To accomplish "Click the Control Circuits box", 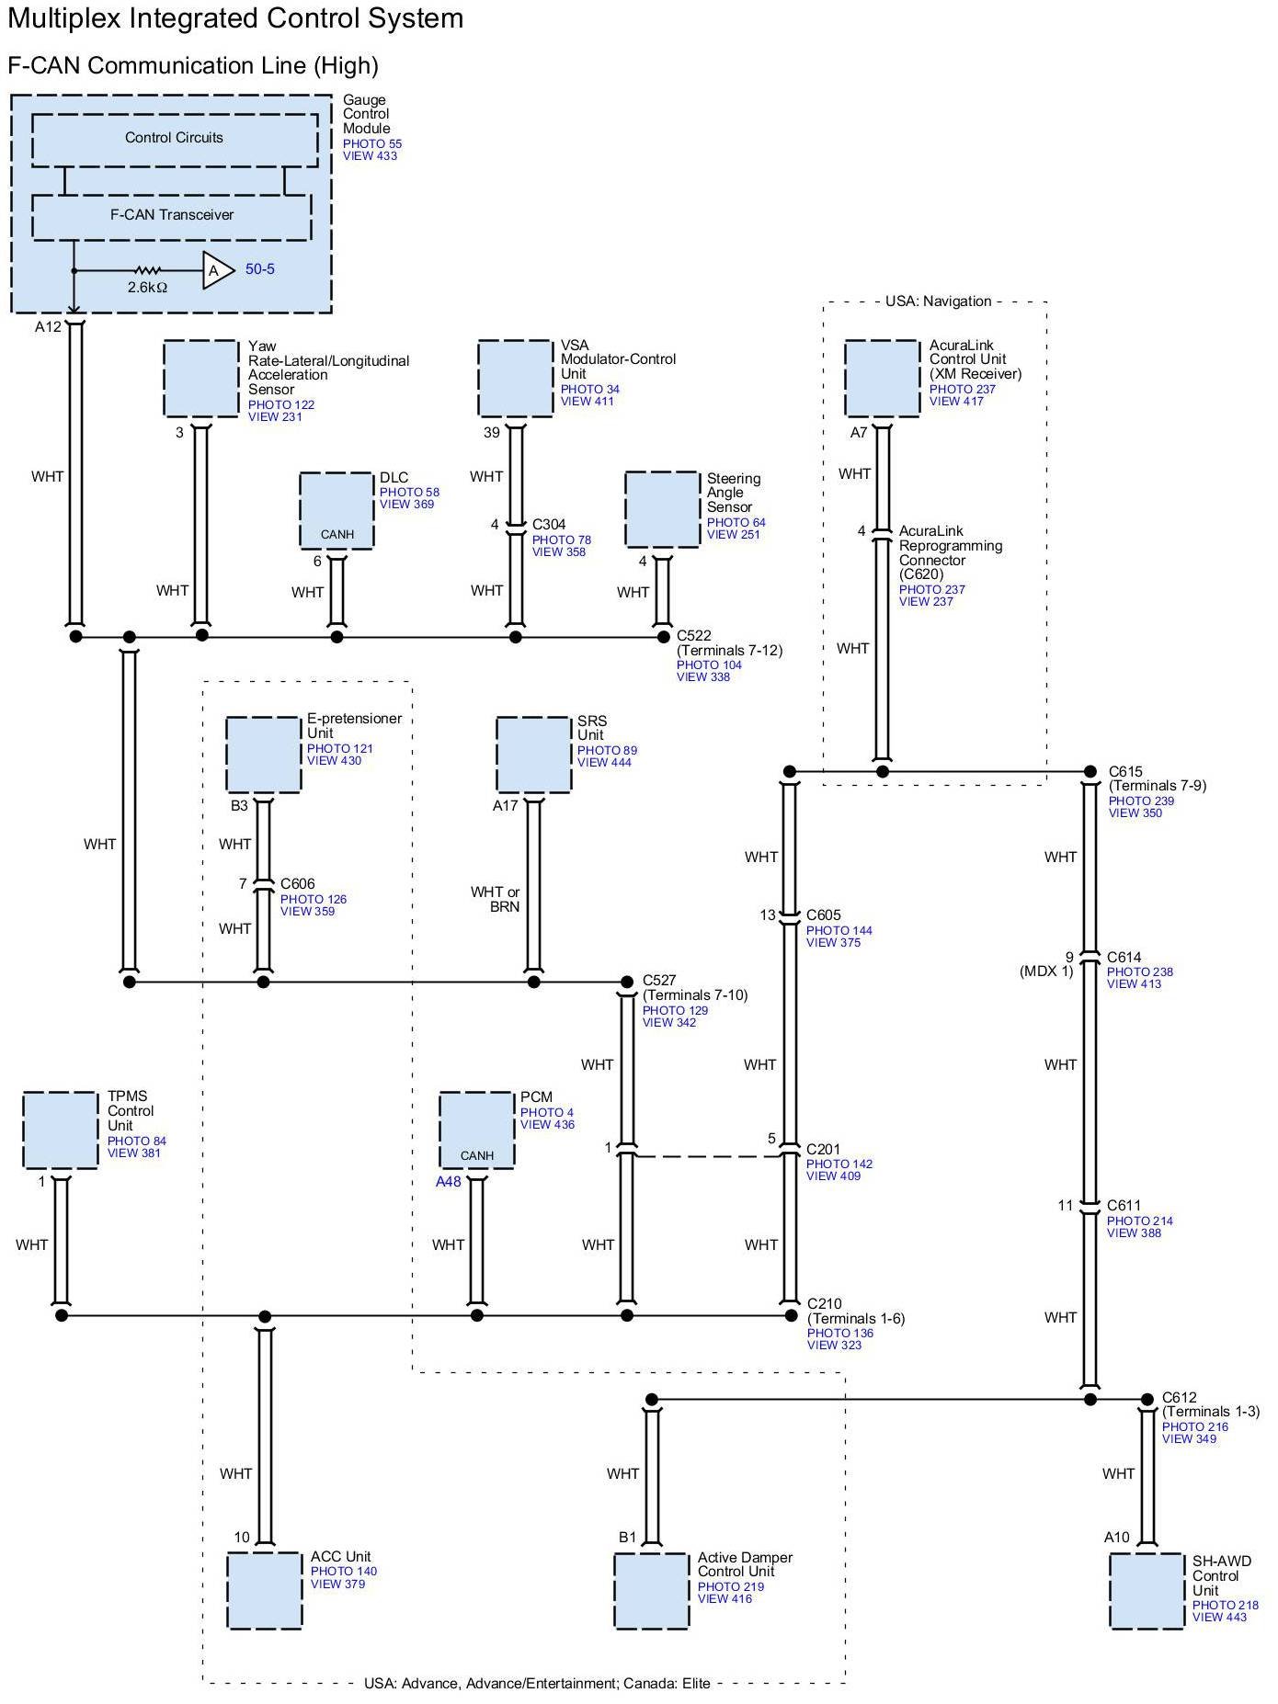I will tap(175, 140).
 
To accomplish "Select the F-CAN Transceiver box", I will tap(172, 216).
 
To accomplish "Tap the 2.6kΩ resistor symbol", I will tap(147, 271).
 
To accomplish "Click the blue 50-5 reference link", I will tap(259, 269).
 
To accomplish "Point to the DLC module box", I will tap(337, 511).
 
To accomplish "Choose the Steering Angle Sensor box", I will tap(662, 510).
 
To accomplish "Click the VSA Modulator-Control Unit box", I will tap(516, 379).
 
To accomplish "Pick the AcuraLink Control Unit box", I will tap(882, 379).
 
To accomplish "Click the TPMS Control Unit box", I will tap(61, 1130).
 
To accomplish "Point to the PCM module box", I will tap(476, 1130).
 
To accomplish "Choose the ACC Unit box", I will tap(265, 1591).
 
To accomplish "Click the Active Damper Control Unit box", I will tap(652, 1591).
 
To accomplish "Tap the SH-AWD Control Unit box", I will tap(1147, 1591).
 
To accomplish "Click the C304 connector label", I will tap(549, 525).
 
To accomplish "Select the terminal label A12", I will tap(48, 327).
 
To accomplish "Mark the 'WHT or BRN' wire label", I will tap(496, 899).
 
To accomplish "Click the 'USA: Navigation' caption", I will tap(938, 301).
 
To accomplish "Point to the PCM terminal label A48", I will tap(448, 1182).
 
